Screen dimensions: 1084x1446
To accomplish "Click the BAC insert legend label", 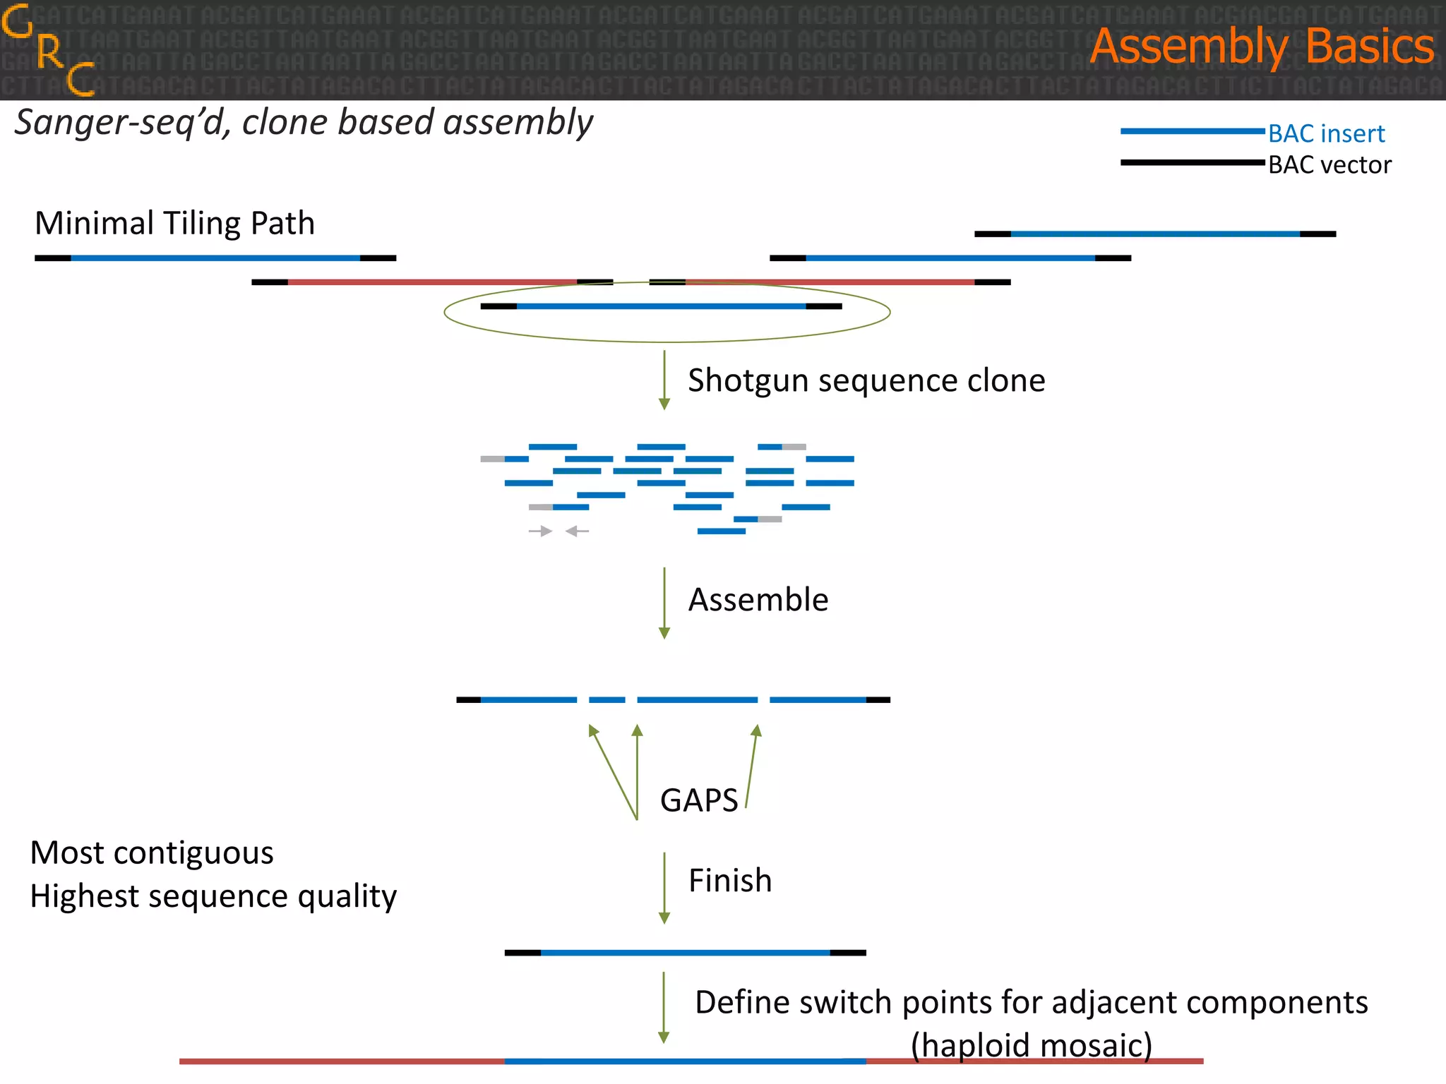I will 1326,133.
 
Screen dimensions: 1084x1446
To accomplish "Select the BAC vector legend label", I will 1329,165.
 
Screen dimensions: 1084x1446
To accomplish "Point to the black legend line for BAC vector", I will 1192,163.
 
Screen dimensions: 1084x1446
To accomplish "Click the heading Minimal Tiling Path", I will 174,223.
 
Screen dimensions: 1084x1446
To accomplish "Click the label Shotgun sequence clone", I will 866,380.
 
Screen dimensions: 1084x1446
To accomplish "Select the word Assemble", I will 758,600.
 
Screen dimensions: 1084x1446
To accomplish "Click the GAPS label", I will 698,800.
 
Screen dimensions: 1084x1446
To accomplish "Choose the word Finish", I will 729,881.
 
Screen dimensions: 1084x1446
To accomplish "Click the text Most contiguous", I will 152,853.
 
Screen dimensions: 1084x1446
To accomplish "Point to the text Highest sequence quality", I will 213,896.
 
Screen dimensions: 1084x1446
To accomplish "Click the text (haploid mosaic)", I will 1031,1044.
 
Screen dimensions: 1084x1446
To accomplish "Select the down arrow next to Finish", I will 664,887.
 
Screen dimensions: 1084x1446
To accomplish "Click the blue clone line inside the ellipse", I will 661,306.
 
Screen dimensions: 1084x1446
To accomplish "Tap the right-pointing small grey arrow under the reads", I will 541,531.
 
